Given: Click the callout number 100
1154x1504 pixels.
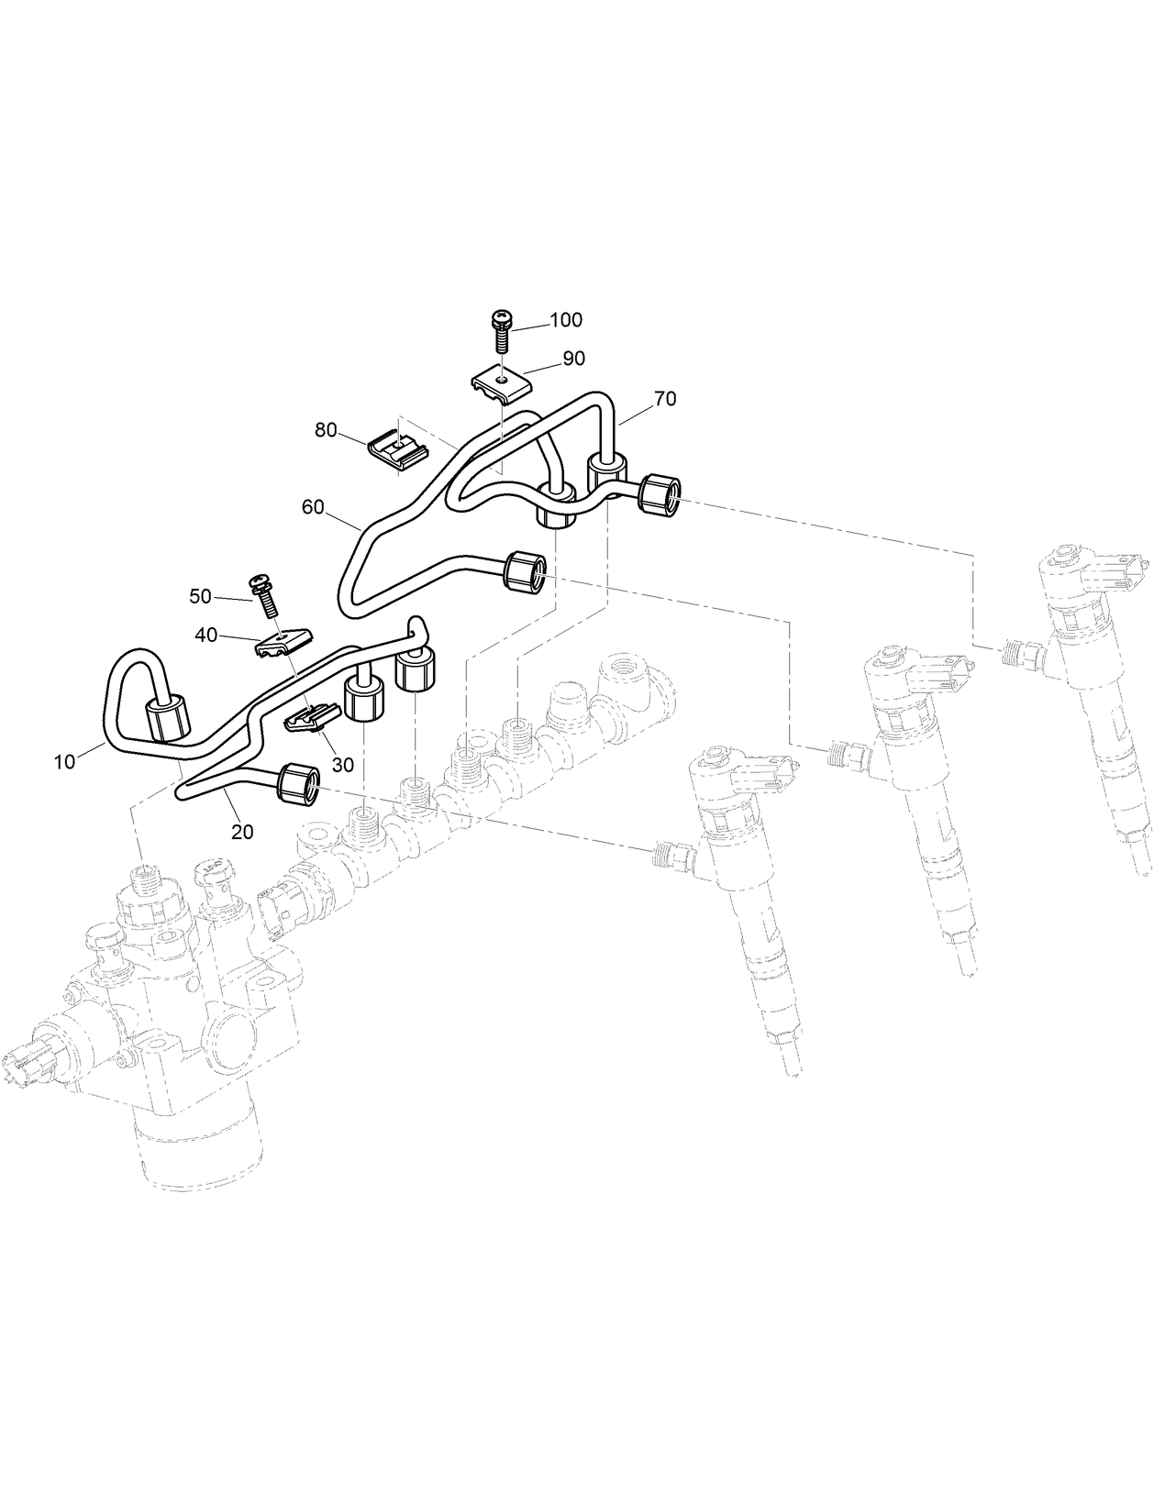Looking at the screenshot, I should pyautogui.click(x=566, y=320).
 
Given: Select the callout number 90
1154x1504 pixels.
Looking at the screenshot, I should pyautogui.click(x=573, y=359).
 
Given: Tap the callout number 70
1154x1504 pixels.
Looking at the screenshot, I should pyautogui.click(x=665, y=399).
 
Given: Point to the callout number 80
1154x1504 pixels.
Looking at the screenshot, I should pyautogui.click(x=326, y=430).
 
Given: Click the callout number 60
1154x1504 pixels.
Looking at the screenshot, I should pyautogui.click(x=313, y=507).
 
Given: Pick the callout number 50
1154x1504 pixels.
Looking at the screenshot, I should pyautogui.click(x=200, y=597).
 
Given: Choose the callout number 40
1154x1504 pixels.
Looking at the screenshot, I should pyautogui.click(x=205, y=635).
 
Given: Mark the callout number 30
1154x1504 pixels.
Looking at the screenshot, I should pyautogui.click(x=342, y=764).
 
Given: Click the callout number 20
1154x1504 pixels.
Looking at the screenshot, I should pyautogui.click(x=243, y=832).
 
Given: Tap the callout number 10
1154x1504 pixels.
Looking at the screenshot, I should pyautogui.click(x=64, y=761).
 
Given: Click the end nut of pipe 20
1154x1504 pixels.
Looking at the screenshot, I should pyautogui.click(x=299, y=784).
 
